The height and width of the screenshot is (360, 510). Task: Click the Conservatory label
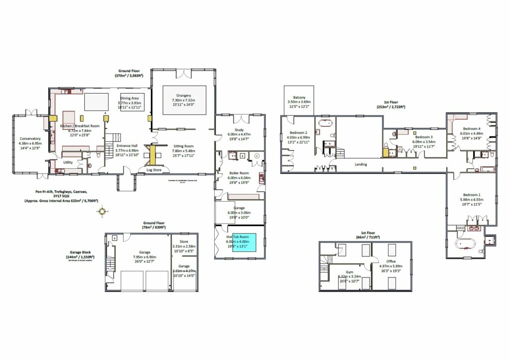(30, 138)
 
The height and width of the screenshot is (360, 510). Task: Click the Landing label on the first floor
(361, 164)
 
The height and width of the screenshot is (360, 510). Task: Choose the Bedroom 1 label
(472, 194)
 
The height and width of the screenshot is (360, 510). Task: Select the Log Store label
(153, 170)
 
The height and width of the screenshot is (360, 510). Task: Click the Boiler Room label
(240, 172)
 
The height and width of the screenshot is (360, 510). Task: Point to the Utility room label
(68, 162)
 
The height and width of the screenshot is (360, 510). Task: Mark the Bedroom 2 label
(299, 133)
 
